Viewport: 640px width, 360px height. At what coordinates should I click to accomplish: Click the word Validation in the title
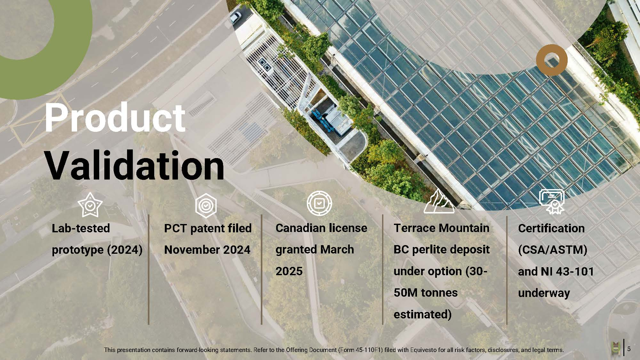point(135,165)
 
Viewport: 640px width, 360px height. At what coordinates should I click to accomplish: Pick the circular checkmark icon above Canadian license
point(319,203)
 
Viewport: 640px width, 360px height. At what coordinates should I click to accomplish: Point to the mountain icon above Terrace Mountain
point(439,201)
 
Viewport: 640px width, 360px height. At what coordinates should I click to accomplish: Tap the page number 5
point(629,349)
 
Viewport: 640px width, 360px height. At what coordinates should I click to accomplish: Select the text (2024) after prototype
point(124,250)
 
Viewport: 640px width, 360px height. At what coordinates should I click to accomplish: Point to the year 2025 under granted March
point(289,271)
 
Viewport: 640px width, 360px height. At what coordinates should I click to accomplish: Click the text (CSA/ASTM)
point(553,250)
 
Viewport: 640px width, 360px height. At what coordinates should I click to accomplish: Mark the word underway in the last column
point(544,293)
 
